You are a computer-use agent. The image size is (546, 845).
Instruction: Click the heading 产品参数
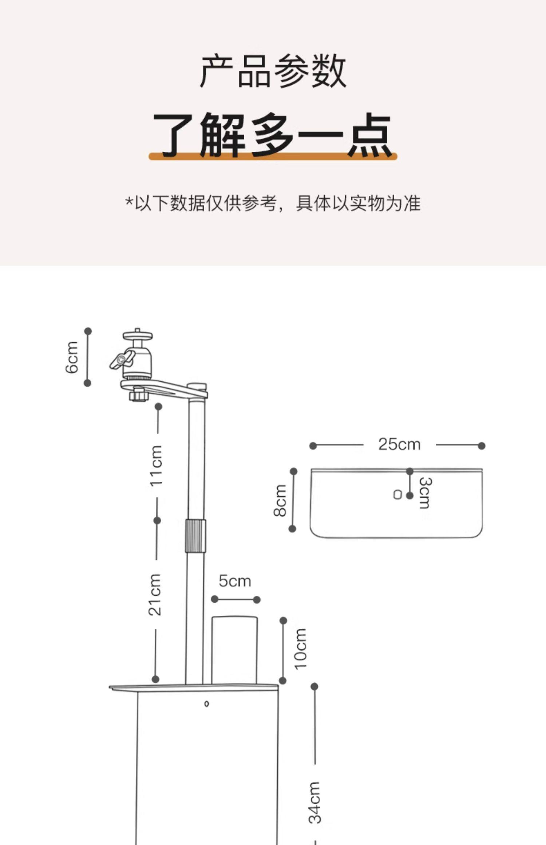coord(273,71)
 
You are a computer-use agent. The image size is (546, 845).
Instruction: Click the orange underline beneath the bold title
coord(273,157)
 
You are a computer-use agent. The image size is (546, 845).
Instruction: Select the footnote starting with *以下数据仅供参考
coord(273,203)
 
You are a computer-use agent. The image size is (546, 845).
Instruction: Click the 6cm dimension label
coord(72,357)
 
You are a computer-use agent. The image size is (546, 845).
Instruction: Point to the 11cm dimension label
coord(157,465)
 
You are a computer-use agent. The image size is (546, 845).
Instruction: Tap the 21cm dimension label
coord(155,595)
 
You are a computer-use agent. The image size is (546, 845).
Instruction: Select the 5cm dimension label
coord(235,581)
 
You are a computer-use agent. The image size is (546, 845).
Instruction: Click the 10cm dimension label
coord(301,649)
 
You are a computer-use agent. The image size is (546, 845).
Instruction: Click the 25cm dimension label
coord(399,444)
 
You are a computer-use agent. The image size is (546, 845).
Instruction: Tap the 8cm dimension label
coord(280,500)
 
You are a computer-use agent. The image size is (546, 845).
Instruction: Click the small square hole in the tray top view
coord(397,495)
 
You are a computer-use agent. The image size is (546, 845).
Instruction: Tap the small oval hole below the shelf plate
coord(206,704)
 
